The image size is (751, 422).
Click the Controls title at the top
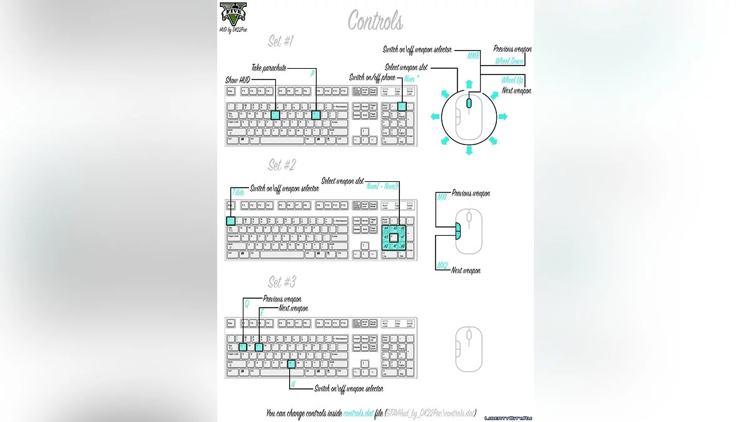375,21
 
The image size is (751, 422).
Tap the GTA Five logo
233,14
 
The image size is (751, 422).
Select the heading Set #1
281,42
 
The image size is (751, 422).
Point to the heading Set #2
282,165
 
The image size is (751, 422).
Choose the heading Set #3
282,281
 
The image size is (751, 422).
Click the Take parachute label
269,68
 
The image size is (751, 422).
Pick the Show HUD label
237,81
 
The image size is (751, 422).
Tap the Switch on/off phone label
372,78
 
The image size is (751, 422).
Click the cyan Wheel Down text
509,61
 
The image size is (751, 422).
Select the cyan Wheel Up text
512,80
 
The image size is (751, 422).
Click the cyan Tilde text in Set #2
238,193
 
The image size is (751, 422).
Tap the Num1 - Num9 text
382,186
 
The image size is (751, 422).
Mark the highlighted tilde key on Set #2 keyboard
230,221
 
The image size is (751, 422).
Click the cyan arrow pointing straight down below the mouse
469,151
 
